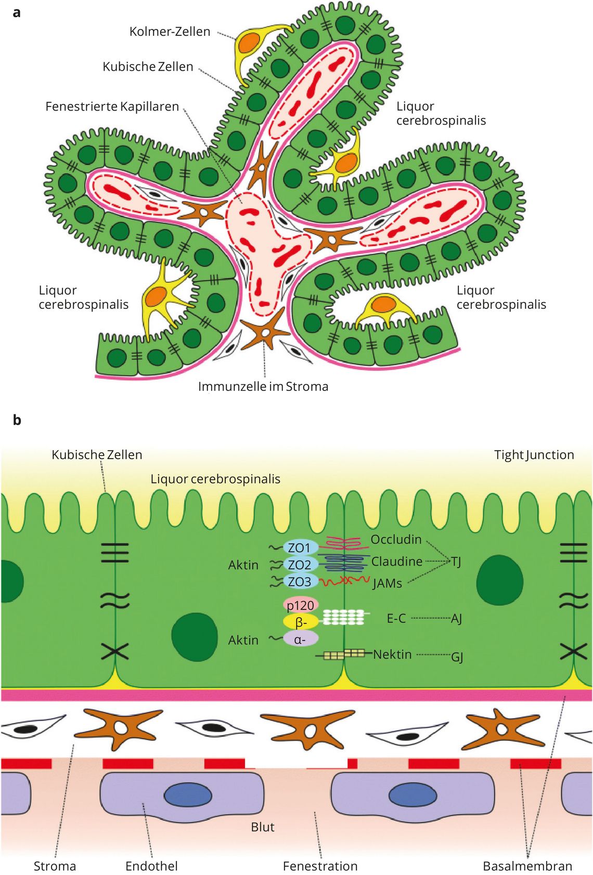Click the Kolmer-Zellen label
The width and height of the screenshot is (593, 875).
(170, 32)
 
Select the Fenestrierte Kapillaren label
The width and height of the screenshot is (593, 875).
(112, 107)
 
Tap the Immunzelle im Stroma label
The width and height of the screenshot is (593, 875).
(263, 386)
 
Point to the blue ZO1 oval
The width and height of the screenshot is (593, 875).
(300, 548)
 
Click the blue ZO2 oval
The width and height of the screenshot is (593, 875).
(300, 565)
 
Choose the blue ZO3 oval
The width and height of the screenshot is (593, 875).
(300, 582)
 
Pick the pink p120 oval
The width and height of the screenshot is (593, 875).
(301, 605)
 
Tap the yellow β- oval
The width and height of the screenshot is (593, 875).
(301, 622)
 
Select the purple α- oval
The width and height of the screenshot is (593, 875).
(301, 639)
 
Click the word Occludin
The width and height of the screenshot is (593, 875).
(396, 540)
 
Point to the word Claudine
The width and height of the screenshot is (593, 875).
(397, 561)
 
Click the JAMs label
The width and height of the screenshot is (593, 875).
(387, 584)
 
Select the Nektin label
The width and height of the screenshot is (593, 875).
(392, 654)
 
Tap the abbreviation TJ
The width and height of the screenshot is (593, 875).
(456, 562)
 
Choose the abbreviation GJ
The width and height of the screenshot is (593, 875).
(457, 658)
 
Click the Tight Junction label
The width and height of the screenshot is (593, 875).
(534, 455)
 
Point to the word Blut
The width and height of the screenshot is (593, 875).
(263, 827)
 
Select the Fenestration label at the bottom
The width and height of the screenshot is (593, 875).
(320, 866)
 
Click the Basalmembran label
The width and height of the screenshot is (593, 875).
(527, 866)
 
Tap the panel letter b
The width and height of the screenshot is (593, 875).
(17, 420)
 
